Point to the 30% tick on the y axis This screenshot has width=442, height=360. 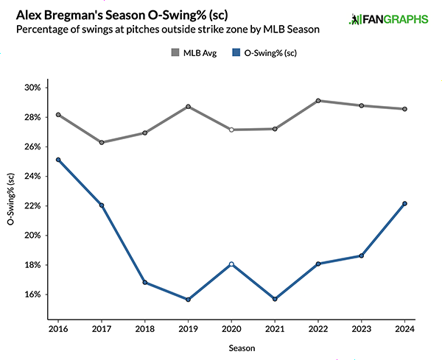(x=32, y=88)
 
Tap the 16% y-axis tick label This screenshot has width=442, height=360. (x=32, y=294)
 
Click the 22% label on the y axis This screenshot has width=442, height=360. (x=32, y=205)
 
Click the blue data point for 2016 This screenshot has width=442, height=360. (x=57, y=160)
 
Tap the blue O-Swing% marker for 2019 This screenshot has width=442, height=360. (x=188, y=300)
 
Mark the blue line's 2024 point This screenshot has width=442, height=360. (x=405, y=204)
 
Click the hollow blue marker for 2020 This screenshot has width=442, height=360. (x=231, y=264)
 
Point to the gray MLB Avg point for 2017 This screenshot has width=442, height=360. (x=101, y=142)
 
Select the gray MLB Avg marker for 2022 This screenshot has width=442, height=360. (x=318, y=101)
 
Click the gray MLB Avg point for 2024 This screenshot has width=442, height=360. (x=405, y=109)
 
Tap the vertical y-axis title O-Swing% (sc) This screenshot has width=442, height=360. (x=10, y=200)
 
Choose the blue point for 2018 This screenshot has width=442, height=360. (x=144, y=282)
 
